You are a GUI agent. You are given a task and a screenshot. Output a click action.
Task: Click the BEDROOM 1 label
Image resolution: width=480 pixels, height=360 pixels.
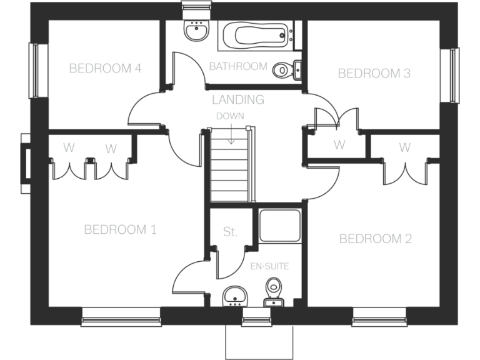pyautogui.click(x=120, y=230)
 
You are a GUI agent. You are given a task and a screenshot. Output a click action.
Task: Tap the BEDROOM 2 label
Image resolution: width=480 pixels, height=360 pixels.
pyautogui.click(x=375, y=239)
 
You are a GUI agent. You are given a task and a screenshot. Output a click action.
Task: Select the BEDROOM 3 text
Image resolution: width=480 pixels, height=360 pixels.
pyautogui.click(x=374, y=74)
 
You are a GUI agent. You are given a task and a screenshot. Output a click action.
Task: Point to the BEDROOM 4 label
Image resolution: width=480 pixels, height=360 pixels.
pyautogui.click(x=104, y=68)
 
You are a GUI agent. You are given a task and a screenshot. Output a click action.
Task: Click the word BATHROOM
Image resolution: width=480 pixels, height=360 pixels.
pyautogui.click(x=238, y=66)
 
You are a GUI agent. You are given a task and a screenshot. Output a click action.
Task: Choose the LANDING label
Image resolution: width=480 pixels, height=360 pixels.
pyautogui.click(x=238, y=99)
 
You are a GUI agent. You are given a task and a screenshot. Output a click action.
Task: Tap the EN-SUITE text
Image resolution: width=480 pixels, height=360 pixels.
pyautogui.click(x=269, y=266)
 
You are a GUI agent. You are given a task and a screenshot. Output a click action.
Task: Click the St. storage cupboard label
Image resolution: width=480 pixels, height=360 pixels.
pyautogui.click(x=230, y=232)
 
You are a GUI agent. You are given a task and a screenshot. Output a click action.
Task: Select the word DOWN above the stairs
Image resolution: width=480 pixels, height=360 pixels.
pyautogui.click(x=230, y=116)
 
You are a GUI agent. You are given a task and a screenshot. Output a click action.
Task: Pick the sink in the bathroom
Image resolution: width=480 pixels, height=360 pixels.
pyautogui.click(x=196, y=31)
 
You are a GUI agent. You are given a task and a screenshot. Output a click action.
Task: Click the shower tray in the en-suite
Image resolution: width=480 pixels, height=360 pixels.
pyautogui.click(x=279, y=226)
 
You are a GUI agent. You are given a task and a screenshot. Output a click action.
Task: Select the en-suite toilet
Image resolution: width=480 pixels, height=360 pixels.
pyautogui.click(x=273, y=291)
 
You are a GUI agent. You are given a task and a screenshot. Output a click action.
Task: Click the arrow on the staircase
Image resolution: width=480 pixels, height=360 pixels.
pyautogui.click(x=231, y=134)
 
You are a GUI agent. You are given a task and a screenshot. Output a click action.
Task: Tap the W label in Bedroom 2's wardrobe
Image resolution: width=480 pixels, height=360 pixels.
pyautogui.click(x=405, y=148)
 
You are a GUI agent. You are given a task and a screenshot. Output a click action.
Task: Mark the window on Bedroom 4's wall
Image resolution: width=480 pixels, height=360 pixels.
pyautogui.click(x=35, y=70)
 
